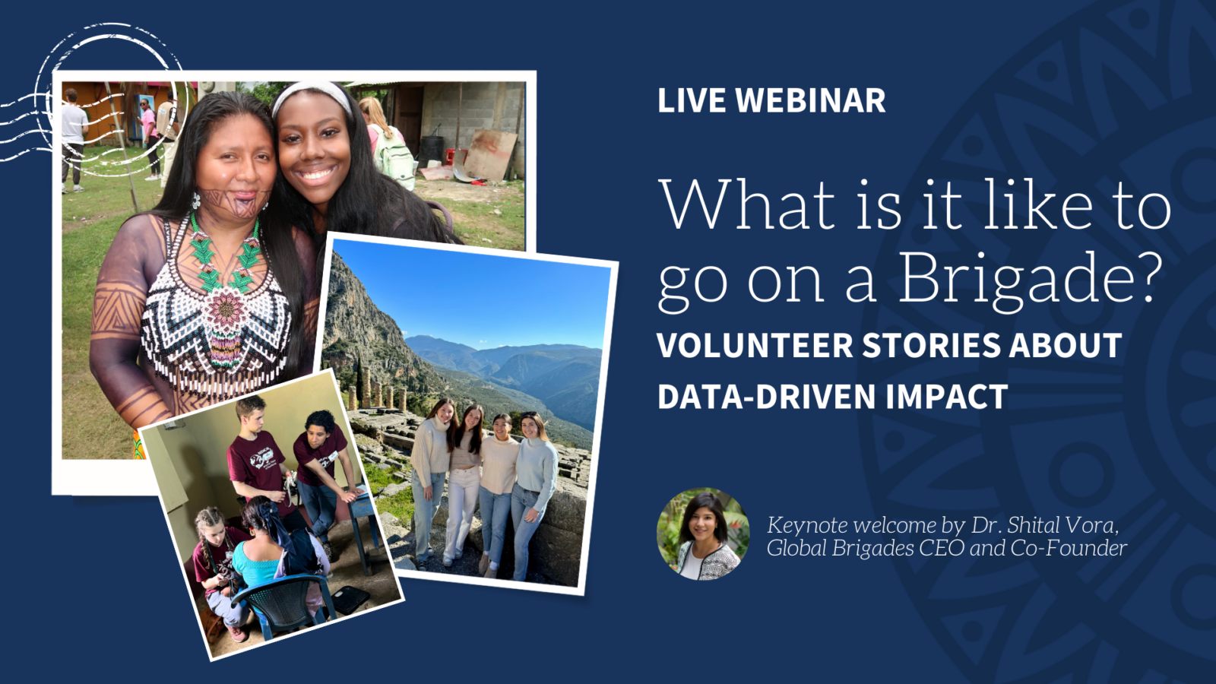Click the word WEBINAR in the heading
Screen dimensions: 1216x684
click(810, 100)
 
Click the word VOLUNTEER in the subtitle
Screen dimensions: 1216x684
click(755, 345)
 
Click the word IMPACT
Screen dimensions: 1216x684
click(947, 396)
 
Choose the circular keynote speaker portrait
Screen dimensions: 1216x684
click(703, 534)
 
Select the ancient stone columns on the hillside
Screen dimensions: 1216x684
click(377, 388)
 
